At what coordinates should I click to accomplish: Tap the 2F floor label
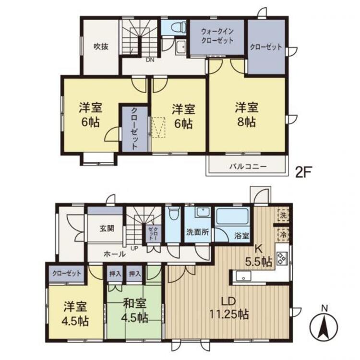(x=303, y=172)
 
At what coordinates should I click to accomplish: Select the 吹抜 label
(x=101, y=47)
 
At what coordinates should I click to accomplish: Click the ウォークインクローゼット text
(x=217, y=36)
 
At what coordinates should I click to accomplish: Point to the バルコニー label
(x=248, y=166)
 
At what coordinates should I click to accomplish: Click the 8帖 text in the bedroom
(x=246, y=122)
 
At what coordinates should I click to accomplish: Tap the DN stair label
(x=150, y=60)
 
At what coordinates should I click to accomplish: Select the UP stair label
(x=134, y=248)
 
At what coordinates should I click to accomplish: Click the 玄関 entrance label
(x=107, y=228)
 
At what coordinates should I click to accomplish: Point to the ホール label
(x=115, y=254)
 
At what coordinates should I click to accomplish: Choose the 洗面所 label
(x=197, y=232)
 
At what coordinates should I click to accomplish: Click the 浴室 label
(x=241, y=235)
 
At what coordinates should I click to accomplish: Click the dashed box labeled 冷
(x=284, y=235)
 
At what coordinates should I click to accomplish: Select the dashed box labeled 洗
(x=284, y=216)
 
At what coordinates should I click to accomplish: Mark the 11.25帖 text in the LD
(x=228, y=314)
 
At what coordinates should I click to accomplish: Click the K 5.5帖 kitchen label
(x=259, y=255)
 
